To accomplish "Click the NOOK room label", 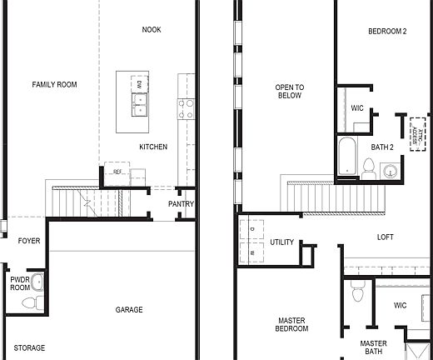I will tap(152, 30).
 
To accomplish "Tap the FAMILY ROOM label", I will tap(54, 85).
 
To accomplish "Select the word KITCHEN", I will tap(153, 147).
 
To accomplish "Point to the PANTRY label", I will tap(181, 204).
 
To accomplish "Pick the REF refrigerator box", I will tap(116, 172).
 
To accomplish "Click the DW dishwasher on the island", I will tap(139, 84).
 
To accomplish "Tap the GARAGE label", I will tap(129, 310).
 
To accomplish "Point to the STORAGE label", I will tap(29, 347).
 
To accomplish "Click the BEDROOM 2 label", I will tap(387, 32).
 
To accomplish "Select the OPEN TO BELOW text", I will tap(290, 91).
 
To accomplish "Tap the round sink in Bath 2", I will tap(389, 171).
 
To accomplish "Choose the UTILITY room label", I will tap(282, 242).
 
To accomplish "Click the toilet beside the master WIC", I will tap(358, 292).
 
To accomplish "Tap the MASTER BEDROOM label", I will tap(291, 324).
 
